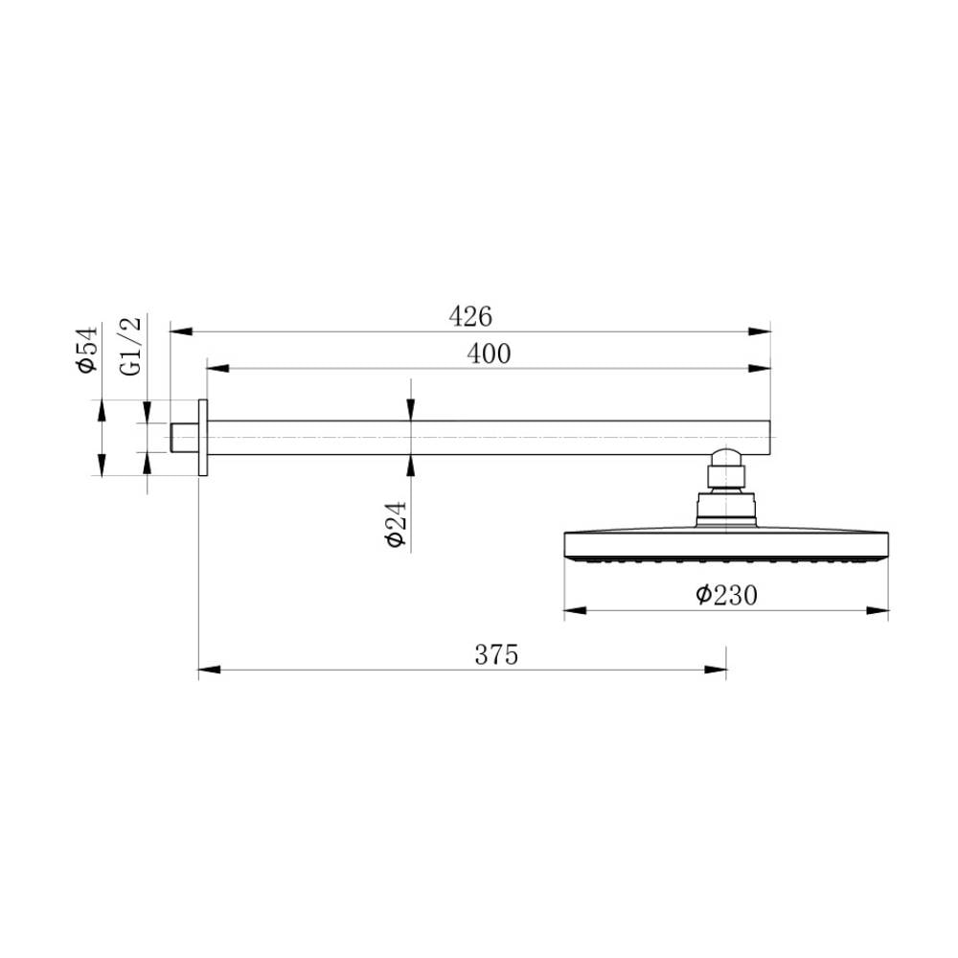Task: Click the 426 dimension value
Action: (469, 316)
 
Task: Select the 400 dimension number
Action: (489, 354)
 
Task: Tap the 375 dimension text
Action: (496, 655)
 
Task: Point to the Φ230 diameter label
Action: (726, 595)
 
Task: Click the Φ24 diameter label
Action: (396, 524)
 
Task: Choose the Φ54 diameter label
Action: (85, 350)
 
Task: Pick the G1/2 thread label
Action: (131, 346)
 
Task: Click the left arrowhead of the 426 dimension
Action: (181, 331)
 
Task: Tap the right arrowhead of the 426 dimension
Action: (760, 331)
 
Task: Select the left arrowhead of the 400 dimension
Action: (218, 369)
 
